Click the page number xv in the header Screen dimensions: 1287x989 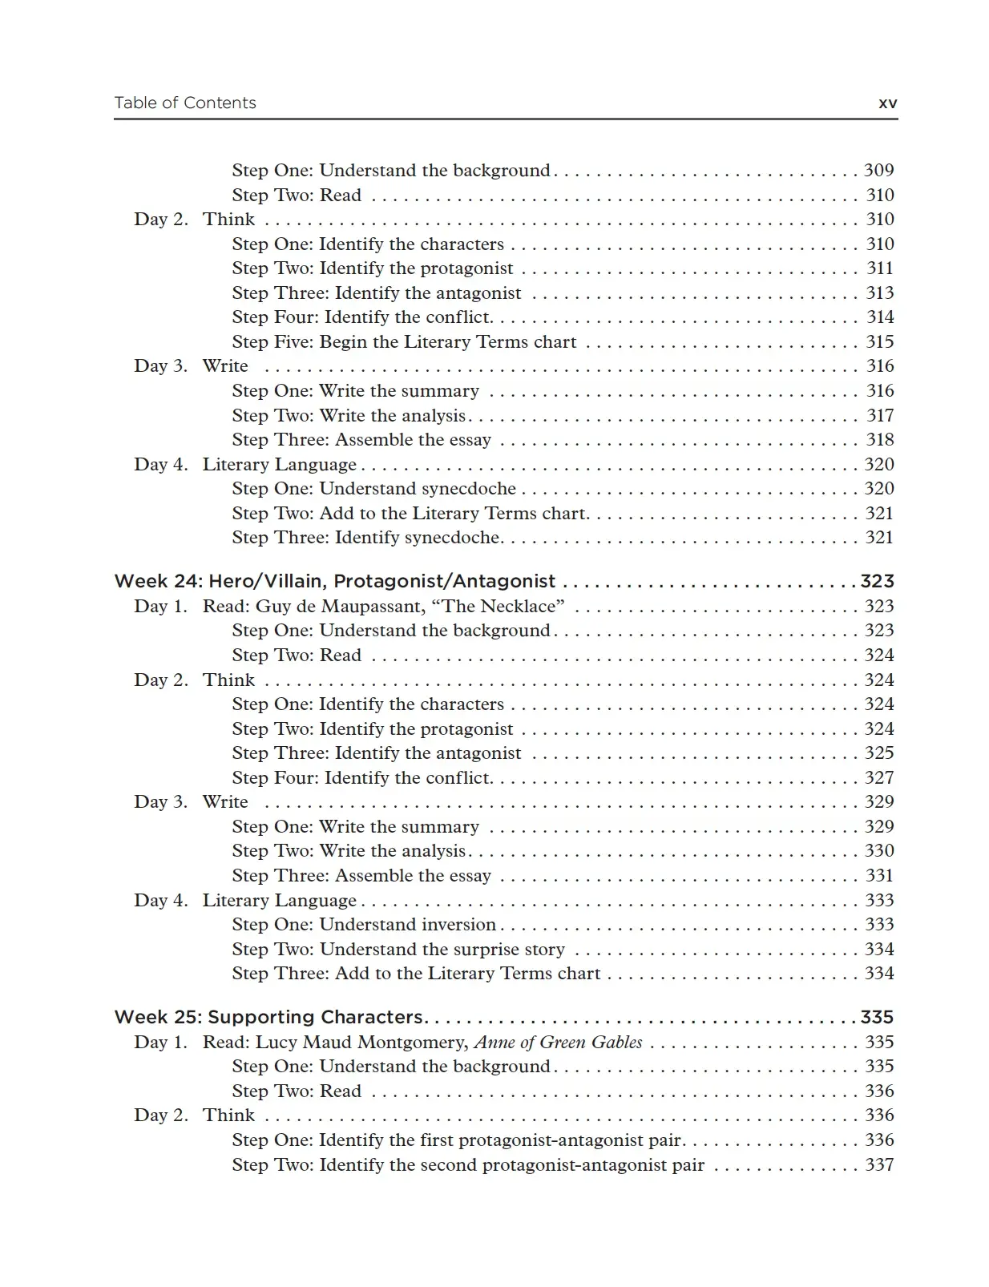point(887,103)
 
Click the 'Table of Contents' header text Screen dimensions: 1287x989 point(185,103)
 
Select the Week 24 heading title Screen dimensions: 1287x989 point(335,581)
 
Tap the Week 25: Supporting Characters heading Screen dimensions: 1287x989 point(268,1017)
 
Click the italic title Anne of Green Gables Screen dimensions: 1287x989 point(558,1042)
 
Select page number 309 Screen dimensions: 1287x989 point(878,170)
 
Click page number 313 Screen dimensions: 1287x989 point(879,292)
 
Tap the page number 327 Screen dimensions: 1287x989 point(878,777)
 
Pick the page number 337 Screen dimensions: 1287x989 point(878,1164)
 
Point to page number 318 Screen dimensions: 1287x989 point(879,439)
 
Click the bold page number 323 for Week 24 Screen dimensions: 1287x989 point(877,581)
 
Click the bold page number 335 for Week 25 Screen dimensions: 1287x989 point(877,1017)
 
